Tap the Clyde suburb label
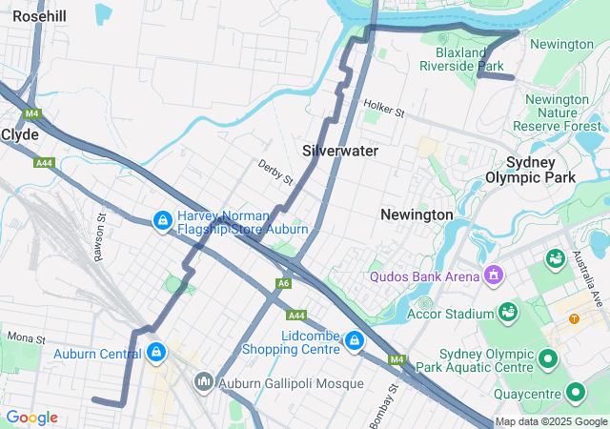pos(20,134)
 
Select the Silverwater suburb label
pos(340,151)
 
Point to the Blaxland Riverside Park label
pos(469,59)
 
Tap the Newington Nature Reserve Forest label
pos(558,112)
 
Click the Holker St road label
pos(384,110)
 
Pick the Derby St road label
pos(274,172)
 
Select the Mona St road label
pos(26,337)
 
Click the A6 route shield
pos(283,283)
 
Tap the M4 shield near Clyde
pos(33,113)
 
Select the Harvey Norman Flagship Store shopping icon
pos(162,221)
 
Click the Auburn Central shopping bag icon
pos(154,354)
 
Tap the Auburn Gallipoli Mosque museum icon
pos(203,383)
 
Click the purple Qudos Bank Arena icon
pos(494,277)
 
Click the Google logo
pos(32,418)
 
